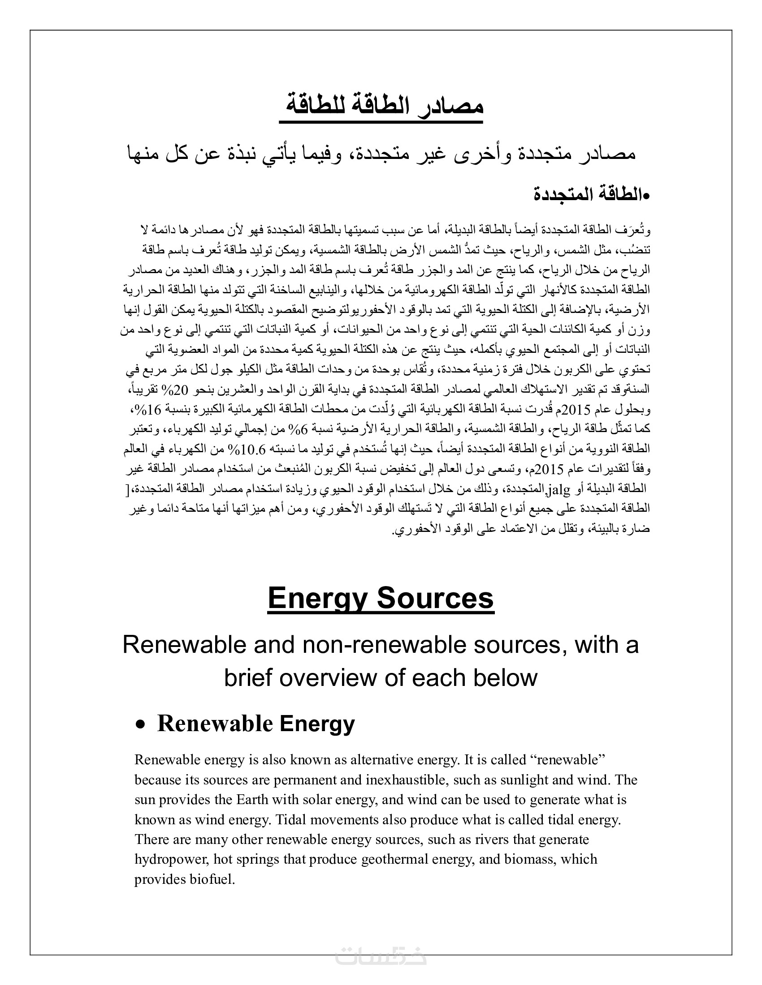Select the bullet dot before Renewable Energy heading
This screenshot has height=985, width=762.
point(141,724)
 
